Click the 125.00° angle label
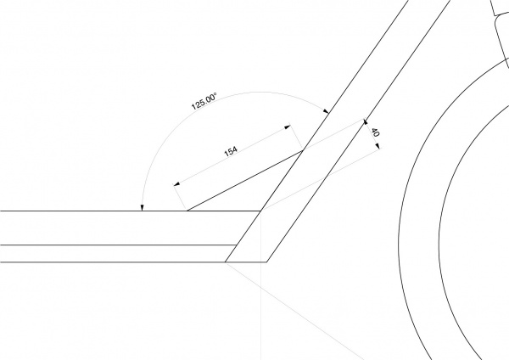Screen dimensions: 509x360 click(x=204, y=101)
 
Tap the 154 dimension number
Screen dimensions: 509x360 click(x=231, y=151)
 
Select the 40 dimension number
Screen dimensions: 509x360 click(x=375, y=132)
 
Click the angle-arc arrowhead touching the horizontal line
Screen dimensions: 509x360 click(x=142, y=208)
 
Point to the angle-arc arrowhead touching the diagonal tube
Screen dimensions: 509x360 click(x=326, y=111)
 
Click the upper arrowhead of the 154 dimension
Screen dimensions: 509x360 click(x=288, y=127)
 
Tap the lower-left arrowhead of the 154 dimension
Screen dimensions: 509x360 click(x=177, y=184)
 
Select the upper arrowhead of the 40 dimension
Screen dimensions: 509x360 click(x=365, y=122)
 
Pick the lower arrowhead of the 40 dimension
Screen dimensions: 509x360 click(x=378, y=147)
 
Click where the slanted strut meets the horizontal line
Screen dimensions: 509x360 click(x=187, y=211)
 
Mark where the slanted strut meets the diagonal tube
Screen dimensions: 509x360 click(x=303, y=150)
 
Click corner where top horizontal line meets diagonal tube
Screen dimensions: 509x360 click(x=260, y=211)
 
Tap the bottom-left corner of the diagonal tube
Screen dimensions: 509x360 click(x=226, y=262)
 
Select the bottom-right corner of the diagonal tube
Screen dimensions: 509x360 click(x=267, y=262)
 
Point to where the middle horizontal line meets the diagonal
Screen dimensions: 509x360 click(x=237, y=245)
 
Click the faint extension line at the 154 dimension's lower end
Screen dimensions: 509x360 click(x=180, y=197)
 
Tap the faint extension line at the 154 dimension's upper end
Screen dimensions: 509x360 click(x=296, y=137)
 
